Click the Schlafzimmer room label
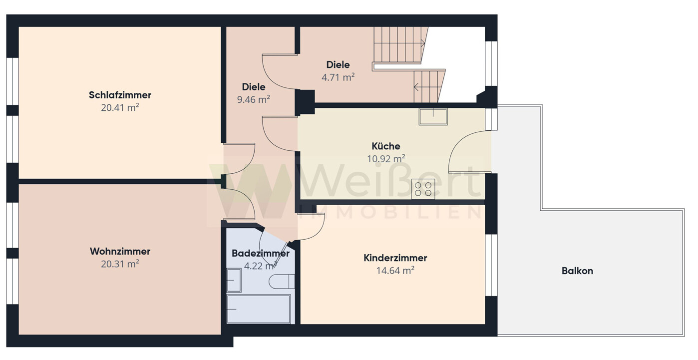120,95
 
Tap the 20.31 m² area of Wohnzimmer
120,264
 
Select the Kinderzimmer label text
395,258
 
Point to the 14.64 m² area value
395,270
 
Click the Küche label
386,146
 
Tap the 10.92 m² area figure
386,159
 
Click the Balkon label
577,271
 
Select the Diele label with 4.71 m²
338,64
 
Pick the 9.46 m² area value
253,99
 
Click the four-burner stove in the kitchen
423,189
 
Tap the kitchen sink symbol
433,116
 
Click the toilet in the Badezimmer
282,282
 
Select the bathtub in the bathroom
259,309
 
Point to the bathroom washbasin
234,280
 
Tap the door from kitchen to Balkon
470,151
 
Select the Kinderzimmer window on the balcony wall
491,265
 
